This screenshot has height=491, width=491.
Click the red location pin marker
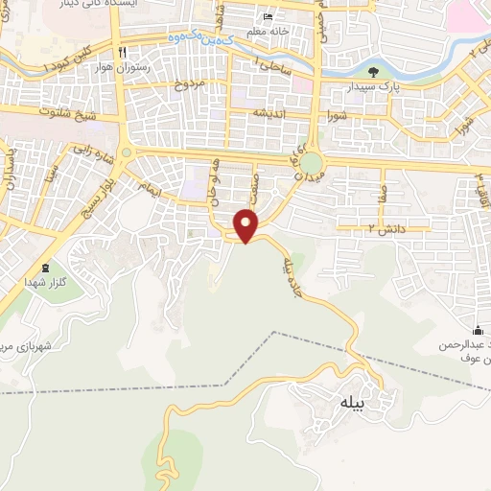[x=246, y=224]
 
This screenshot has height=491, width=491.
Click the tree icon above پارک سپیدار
[x=374, y=71]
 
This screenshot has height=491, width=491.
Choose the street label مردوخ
[x=189, y=84]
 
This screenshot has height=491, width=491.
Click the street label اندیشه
[x=270, y=112]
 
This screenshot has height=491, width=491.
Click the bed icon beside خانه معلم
[x=268, y=18]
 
